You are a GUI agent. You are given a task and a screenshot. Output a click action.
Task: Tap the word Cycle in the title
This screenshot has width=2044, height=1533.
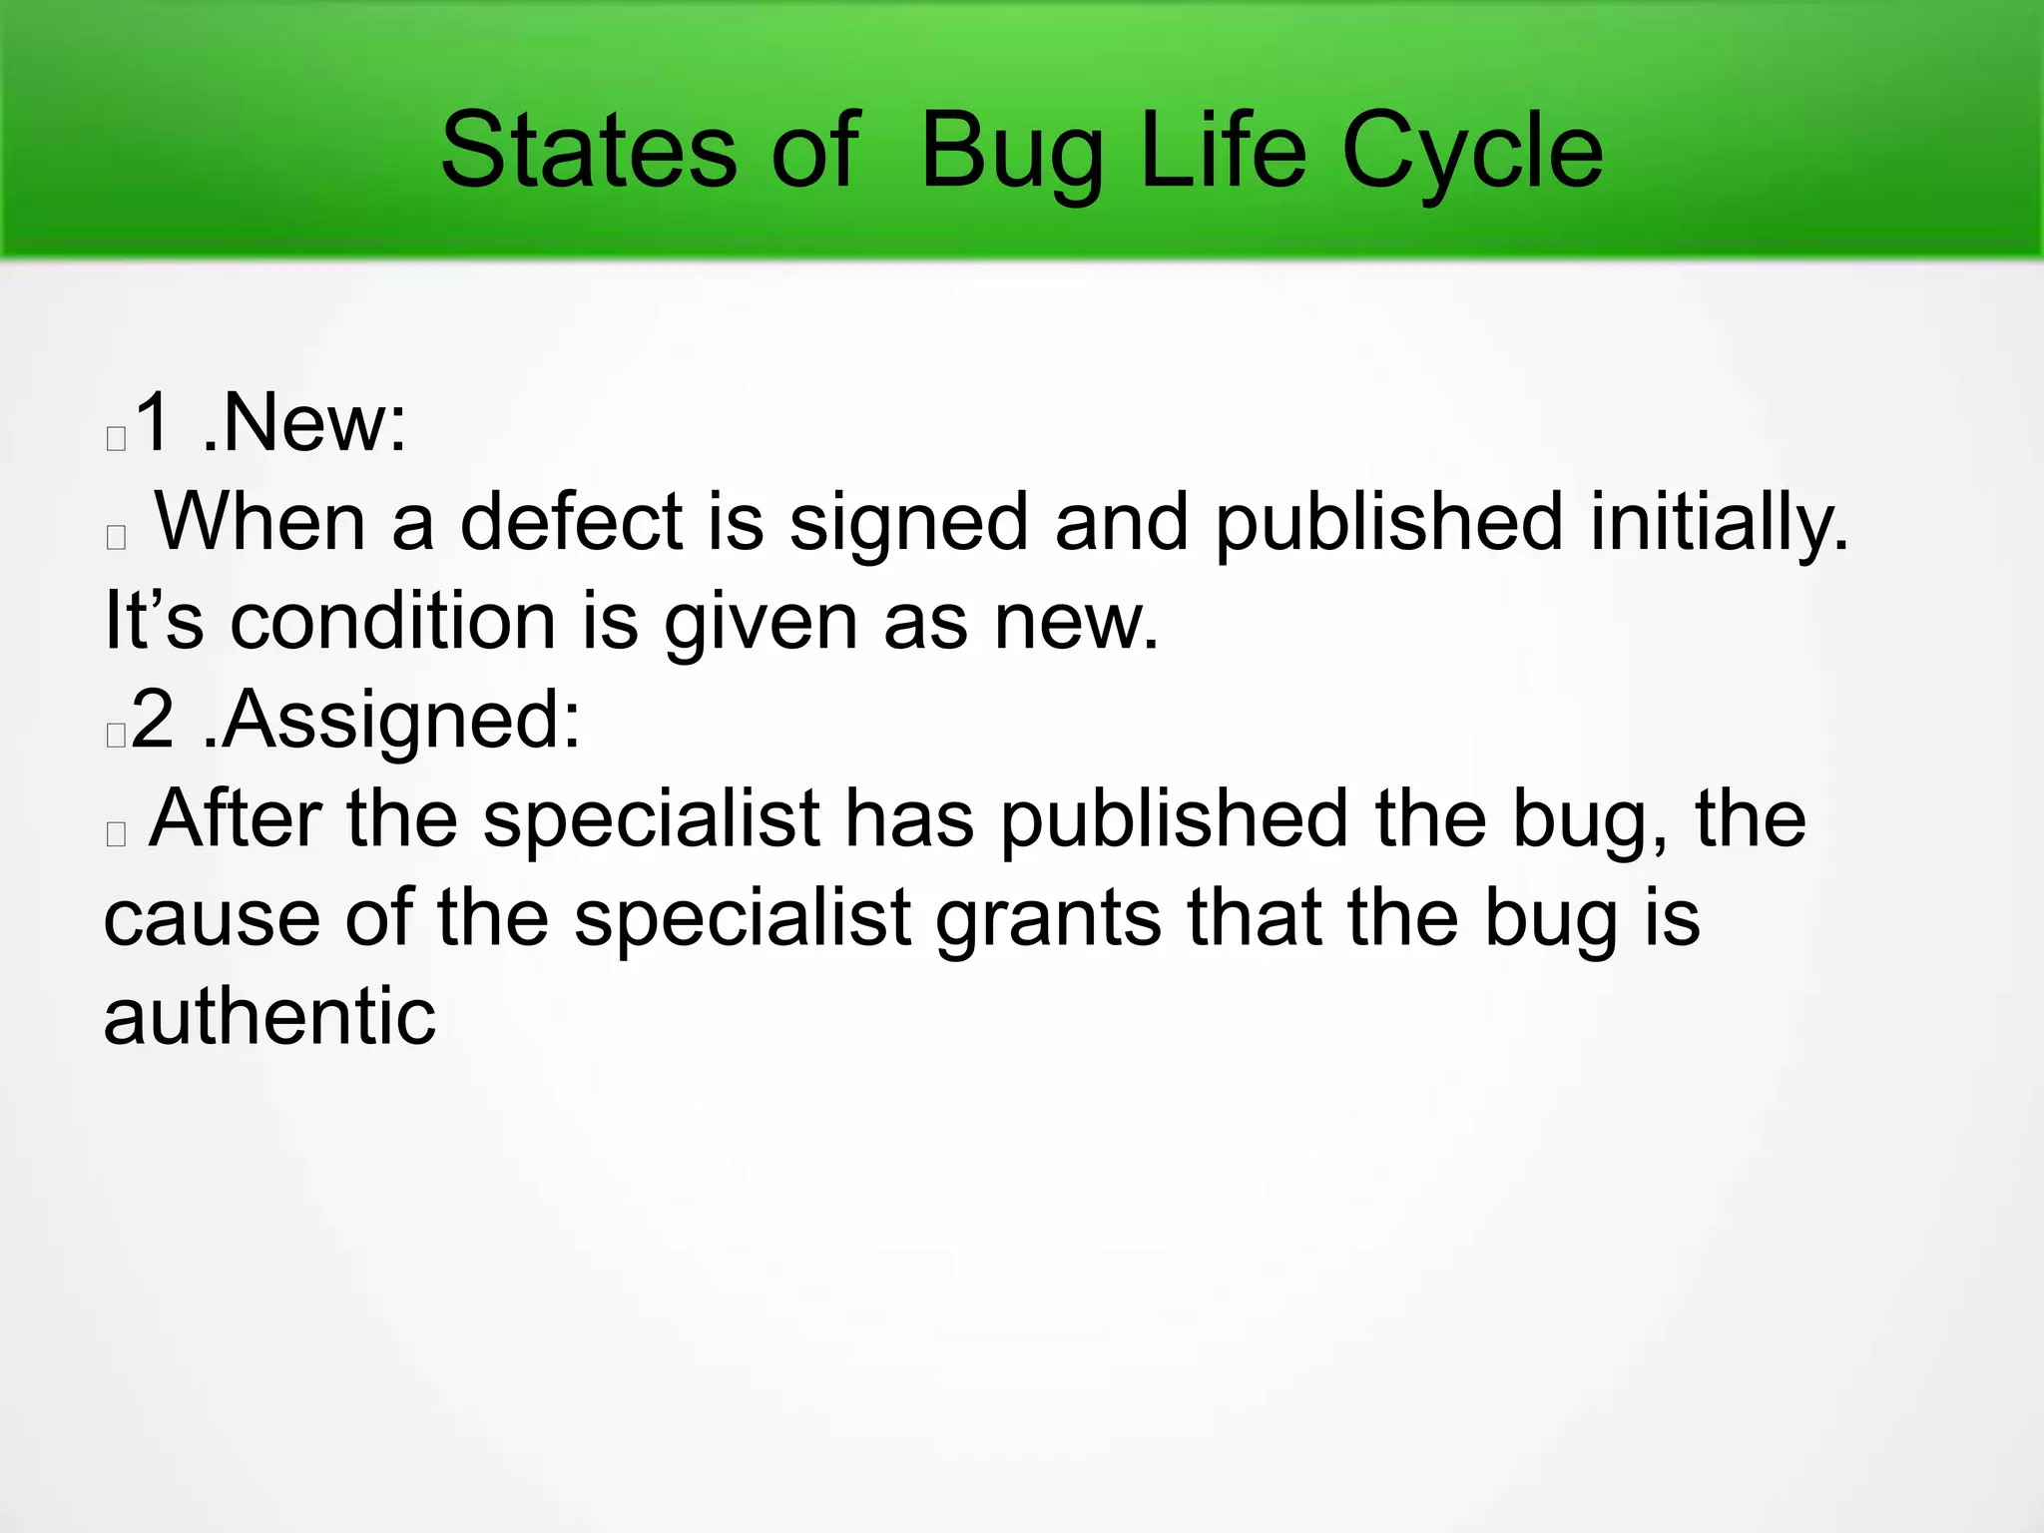pyautogui.click(x=1472, y=152)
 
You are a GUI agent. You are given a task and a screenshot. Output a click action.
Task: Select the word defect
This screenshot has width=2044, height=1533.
pyautogui.click(x=571, y=522)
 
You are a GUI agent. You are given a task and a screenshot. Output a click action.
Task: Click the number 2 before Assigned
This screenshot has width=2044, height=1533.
pyautogui.click(x=153, y=720)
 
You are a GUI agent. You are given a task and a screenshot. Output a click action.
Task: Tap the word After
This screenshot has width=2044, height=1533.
pyautogui.click(x=236, y=818)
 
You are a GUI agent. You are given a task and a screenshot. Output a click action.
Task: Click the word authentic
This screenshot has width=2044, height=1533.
pyautogui.click(x=269, y=1017)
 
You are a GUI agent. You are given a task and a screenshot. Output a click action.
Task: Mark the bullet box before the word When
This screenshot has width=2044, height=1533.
pyautogui.click(x=116, y=537)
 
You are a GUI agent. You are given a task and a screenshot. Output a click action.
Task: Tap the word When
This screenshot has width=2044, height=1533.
pyautogui.click(x=260, y=522)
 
